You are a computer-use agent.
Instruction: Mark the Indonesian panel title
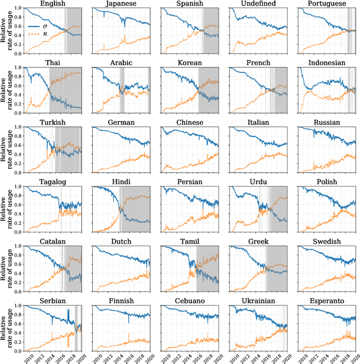coord(328,64)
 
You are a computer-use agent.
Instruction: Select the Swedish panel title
coord(328,242)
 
